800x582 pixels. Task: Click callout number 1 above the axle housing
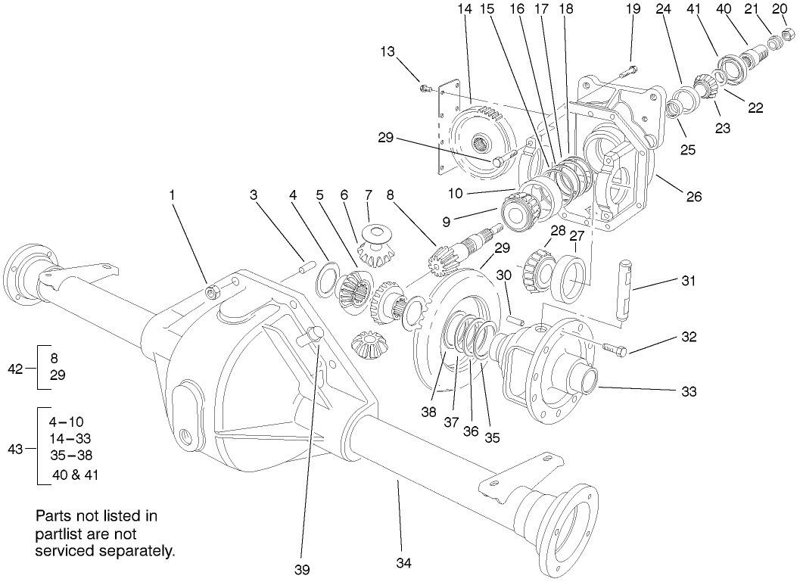173,195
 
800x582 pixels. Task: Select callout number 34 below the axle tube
403,562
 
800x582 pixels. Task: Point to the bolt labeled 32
614,350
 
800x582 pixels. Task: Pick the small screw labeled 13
426,89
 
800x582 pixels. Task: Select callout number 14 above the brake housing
464,10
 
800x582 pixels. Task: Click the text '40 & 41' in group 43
75,475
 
